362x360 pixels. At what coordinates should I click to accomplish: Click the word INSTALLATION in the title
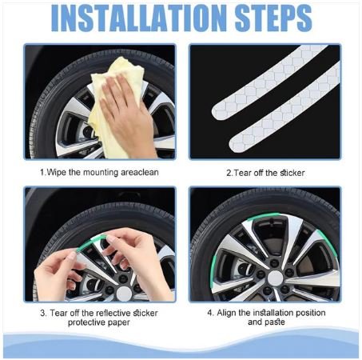pyautogui.click(x=139, y=18)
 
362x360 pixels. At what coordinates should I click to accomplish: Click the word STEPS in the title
pyautogui.click(x=273, y=18)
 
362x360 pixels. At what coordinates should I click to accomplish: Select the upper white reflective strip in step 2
pyautogui.click(x=269, y=82)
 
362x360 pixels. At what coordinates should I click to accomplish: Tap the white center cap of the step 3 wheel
pyautogui.click(x=124, y=294)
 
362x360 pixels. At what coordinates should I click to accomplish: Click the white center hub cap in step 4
pyautogui.click(x=275, y=278)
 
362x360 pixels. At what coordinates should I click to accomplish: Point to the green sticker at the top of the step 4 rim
pyautogui.click(x=263, y=217)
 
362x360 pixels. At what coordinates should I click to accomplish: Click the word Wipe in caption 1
pyautogui.click(x=56, y=173)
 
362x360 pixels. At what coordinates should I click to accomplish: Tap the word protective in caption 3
pyautogui.click(x=86, y=322)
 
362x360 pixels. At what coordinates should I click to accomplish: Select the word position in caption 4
pyautogui.click(x=310, y=313)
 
